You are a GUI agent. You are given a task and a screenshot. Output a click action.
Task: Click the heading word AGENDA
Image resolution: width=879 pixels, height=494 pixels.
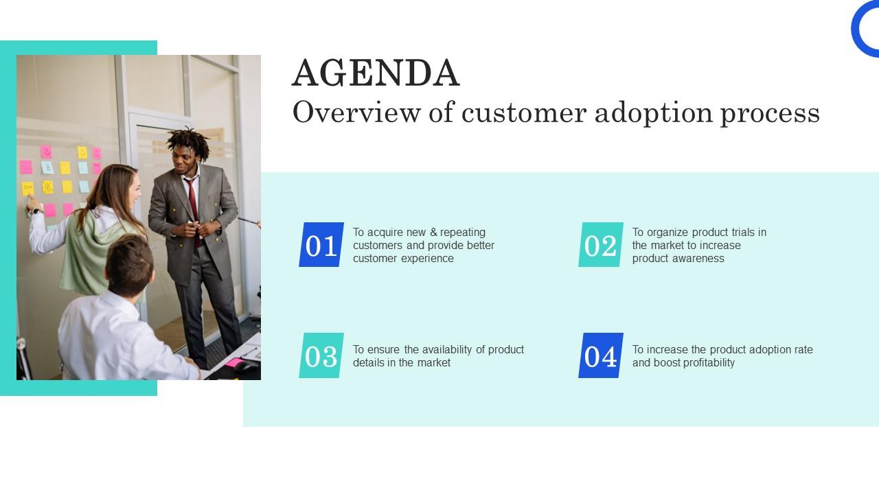click(376, 73)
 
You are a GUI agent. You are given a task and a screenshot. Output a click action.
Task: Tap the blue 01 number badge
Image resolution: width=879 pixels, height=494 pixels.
click(321, 245)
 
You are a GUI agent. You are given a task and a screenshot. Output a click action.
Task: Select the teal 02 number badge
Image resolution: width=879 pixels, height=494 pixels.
click(601, 245)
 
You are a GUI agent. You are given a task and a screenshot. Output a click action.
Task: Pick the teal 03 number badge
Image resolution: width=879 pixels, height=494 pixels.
click(321, 355)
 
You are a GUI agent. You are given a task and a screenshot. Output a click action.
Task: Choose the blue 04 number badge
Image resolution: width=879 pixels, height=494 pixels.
click(601, 355)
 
